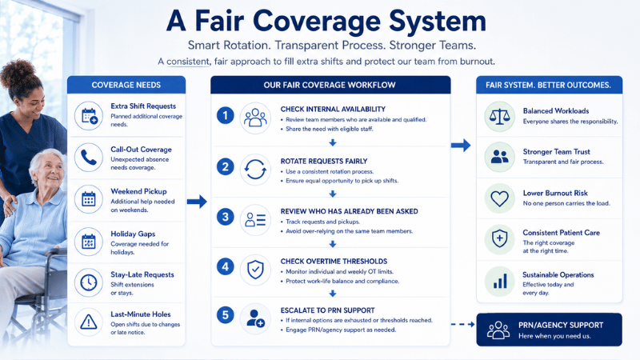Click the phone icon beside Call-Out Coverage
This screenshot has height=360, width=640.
tap(89, 158)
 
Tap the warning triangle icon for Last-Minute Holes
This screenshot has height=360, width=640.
tap(89, 322)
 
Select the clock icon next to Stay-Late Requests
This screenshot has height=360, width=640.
tap(89, 282)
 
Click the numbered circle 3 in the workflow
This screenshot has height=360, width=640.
tap(225, 217)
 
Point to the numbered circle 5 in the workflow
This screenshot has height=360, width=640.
tap(225, 315)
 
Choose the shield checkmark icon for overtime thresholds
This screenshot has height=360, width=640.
tap(255, 270)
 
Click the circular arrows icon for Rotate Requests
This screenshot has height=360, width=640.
tap(255, 170)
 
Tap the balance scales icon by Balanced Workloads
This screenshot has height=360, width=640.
tap(499, 117)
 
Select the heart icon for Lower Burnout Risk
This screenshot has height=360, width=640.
tap(499, 198)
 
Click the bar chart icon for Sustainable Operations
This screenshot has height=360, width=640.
tap(499, 282)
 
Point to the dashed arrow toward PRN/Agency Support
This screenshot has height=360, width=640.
tap(463, 325)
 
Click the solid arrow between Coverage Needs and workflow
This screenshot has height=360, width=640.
tap(197, 202)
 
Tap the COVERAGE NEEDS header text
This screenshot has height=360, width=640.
tap(126, 85)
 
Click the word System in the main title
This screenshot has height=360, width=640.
tap(437, 22)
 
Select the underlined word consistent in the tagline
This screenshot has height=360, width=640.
tap(188, 62)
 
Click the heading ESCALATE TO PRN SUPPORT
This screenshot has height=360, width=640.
tap(327, 310)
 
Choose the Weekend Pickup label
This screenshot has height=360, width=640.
tap(138, 191)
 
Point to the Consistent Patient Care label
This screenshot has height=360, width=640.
tap(562, 233)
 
